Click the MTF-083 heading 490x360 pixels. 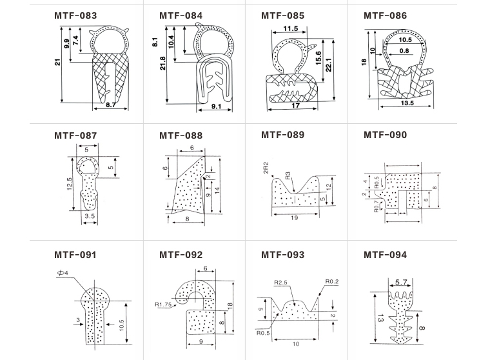[76, 15]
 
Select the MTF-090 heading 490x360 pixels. [385, 135]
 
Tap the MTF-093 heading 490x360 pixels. [282, 255]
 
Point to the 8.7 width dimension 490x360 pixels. [110, 104]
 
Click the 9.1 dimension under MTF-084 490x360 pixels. [218, 106]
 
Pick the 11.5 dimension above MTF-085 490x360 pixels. [291, 28]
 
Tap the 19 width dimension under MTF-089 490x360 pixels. [294, 218]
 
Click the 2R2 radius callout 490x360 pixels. [266, 170]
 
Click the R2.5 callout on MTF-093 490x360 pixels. [280, 283]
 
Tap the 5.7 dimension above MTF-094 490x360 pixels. [400, 282]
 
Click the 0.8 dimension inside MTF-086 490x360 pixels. [404, 50]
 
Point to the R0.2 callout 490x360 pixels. [332, 281]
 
